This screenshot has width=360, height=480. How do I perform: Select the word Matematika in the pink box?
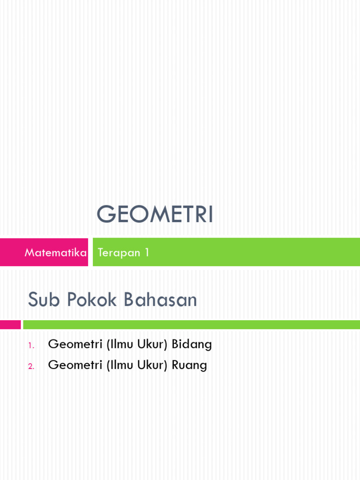pyautogui.click(x=55, y=253)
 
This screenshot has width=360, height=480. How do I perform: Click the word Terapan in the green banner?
pyautogui.click(x=119, y=253)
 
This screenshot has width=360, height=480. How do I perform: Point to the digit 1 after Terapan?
pyautogui.click(x=147, y=253)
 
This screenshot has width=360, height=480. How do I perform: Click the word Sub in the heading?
pyautogui.click(x=43, y=300)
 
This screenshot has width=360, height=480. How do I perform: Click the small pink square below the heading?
pyautogui.click(x=10, y=324)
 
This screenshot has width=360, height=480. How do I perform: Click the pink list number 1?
pyautogui.click(x=30, y=346)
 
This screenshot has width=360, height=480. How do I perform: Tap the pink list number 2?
pyautogui.click(x=31, y=367)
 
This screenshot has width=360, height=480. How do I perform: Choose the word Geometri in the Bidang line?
pyautogui.click(x=75, y=345)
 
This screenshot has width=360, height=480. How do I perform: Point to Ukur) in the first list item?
pyautogui.click(x=153, y=345)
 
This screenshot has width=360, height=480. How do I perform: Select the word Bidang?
pyautogui.click(x=192, y=345)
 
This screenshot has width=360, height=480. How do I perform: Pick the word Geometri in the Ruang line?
pyautogui.click(x=75, y=365)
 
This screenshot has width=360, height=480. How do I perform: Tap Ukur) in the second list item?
pyautogui.click(x=153, y=365)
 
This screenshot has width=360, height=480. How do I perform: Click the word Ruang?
pyautogui.click(x=189, y=366)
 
